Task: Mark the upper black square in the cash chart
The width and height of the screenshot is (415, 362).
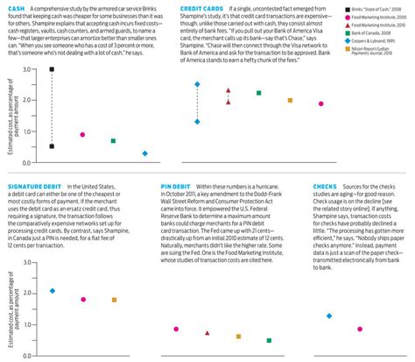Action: coord(52,68)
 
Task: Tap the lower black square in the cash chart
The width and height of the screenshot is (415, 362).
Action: coord(52,146)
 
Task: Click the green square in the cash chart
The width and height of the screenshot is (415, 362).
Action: coord(113,140)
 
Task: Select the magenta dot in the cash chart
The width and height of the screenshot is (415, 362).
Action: coord(82,135)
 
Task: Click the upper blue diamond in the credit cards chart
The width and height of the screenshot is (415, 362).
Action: coord(197,84)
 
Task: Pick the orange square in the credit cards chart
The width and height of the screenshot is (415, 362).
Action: coord(290,100)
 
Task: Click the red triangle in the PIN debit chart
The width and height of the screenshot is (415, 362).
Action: coord(207,333)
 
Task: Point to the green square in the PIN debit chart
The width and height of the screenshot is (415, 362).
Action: coord(269,340)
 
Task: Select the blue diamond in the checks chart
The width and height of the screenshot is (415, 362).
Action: coord(329,316)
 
